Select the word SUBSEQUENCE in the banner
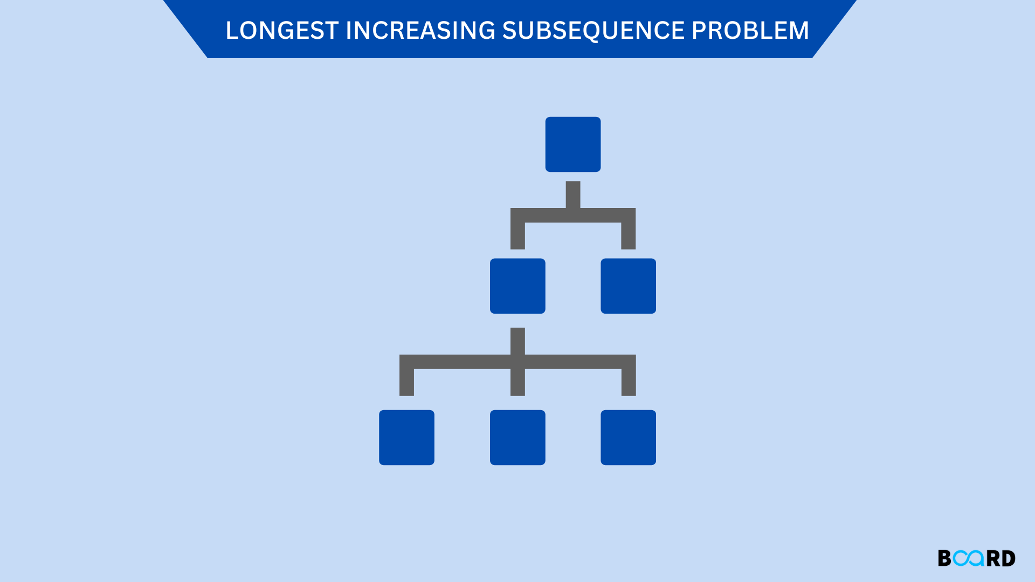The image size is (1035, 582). pos(593,31)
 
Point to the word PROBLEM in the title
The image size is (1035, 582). pos(750,31)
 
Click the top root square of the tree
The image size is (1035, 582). pos(572,144)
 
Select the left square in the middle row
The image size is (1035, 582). pos(517,286)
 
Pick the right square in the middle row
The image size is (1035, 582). pos(628,286)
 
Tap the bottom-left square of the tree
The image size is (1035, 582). pos(406,438)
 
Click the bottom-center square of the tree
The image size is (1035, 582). pos(517,438)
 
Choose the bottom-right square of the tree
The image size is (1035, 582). pos(628,438)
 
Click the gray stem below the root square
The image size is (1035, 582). pos(573,194)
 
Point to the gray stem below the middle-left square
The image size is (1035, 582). pos(517,341)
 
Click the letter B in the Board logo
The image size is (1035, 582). pos(944,558)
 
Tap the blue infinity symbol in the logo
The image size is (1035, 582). pos(968,558)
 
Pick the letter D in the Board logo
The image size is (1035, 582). pos(1008,558)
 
